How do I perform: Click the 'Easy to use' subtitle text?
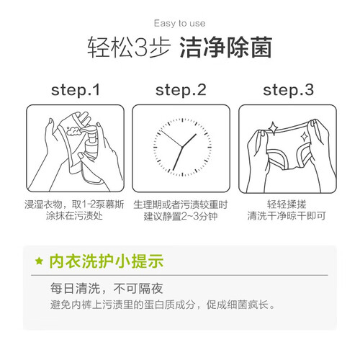[180, 24]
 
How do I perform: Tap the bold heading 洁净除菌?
[226, 48]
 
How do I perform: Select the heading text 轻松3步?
[129, 48]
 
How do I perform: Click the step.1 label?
[76, 90]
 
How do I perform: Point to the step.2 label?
[181, 90]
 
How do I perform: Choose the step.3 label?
[288, 90]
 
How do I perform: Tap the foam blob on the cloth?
[73, 131]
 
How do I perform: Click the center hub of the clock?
[182, 147]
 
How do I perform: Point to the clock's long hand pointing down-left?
[178, 158]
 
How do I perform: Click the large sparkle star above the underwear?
[273, 128]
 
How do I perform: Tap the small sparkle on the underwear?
[305, 138]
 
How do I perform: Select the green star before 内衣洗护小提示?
[39, 261]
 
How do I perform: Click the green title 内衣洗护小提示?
[107, 261]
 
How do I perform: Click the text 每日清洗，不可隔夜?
[107, 288]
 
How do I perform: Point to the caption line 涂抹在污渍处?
[74, 215]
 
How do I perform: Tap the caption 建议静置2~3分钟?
[181, 216]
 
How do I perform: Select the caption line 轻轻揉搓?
[287, 204]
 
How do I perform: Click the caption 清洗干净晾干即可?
[287, 215]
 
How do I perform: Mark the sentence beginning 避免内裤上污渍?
[162, 305]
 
